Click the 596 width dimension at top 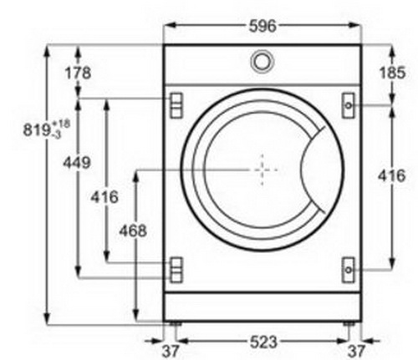(x=263, y=26)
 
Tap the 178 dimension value (x=78, y=73)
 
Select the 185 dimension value (x=392, y=73)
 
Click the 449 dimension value (x=77, y=163)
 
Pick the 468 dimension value (x=133, y=231)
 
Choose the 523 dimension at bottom (x=263, y=342)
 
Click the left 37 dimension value (x=171, y=351)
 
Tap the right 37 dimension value (x=356, y=351)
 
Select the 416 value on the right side (x=391, y=176)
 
